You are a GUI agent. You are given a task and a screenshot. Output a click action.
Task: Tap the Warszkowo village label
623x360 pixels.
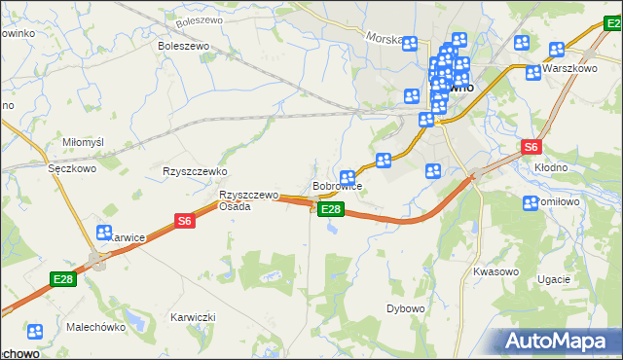click(569, 69)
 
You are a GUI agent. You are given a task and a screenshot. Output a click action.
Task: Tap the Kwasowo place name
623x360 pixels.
click(494, 271)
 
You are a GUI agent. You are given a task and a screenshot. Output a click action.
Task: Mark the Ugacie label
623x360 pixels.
click(553, 279)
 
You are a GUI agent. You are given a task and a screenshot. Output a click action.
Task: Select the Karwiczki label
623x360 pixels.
click(192, 317)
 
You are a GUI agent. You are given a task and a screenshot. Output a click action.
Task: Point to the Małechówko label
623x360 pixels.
click(96, 327)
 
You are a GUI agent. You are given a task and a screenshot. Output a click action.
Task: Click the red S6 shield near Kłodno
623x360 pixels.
click(531, 147)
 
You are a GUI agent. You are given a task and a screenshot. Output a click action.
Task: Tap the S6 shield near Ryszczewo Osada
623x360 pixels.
click(185, 222)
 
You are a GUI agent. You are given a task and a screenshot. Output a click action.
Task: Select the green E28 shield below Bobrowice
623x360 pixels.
click(331, 209)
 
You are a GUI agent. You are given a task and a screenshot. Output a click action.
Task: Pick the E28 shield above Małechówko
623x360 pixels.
click(63, 280)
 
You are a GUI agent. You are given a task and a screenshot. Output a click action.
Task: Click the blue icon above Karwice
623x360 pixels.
click(104, 232)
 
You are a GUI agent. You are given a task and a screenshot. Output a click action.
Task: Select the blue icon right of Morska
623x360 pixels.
click(410, 43)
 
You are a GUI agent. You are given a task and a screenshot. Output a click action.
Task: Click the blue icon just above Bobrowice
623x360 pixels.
click(347, 177)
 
